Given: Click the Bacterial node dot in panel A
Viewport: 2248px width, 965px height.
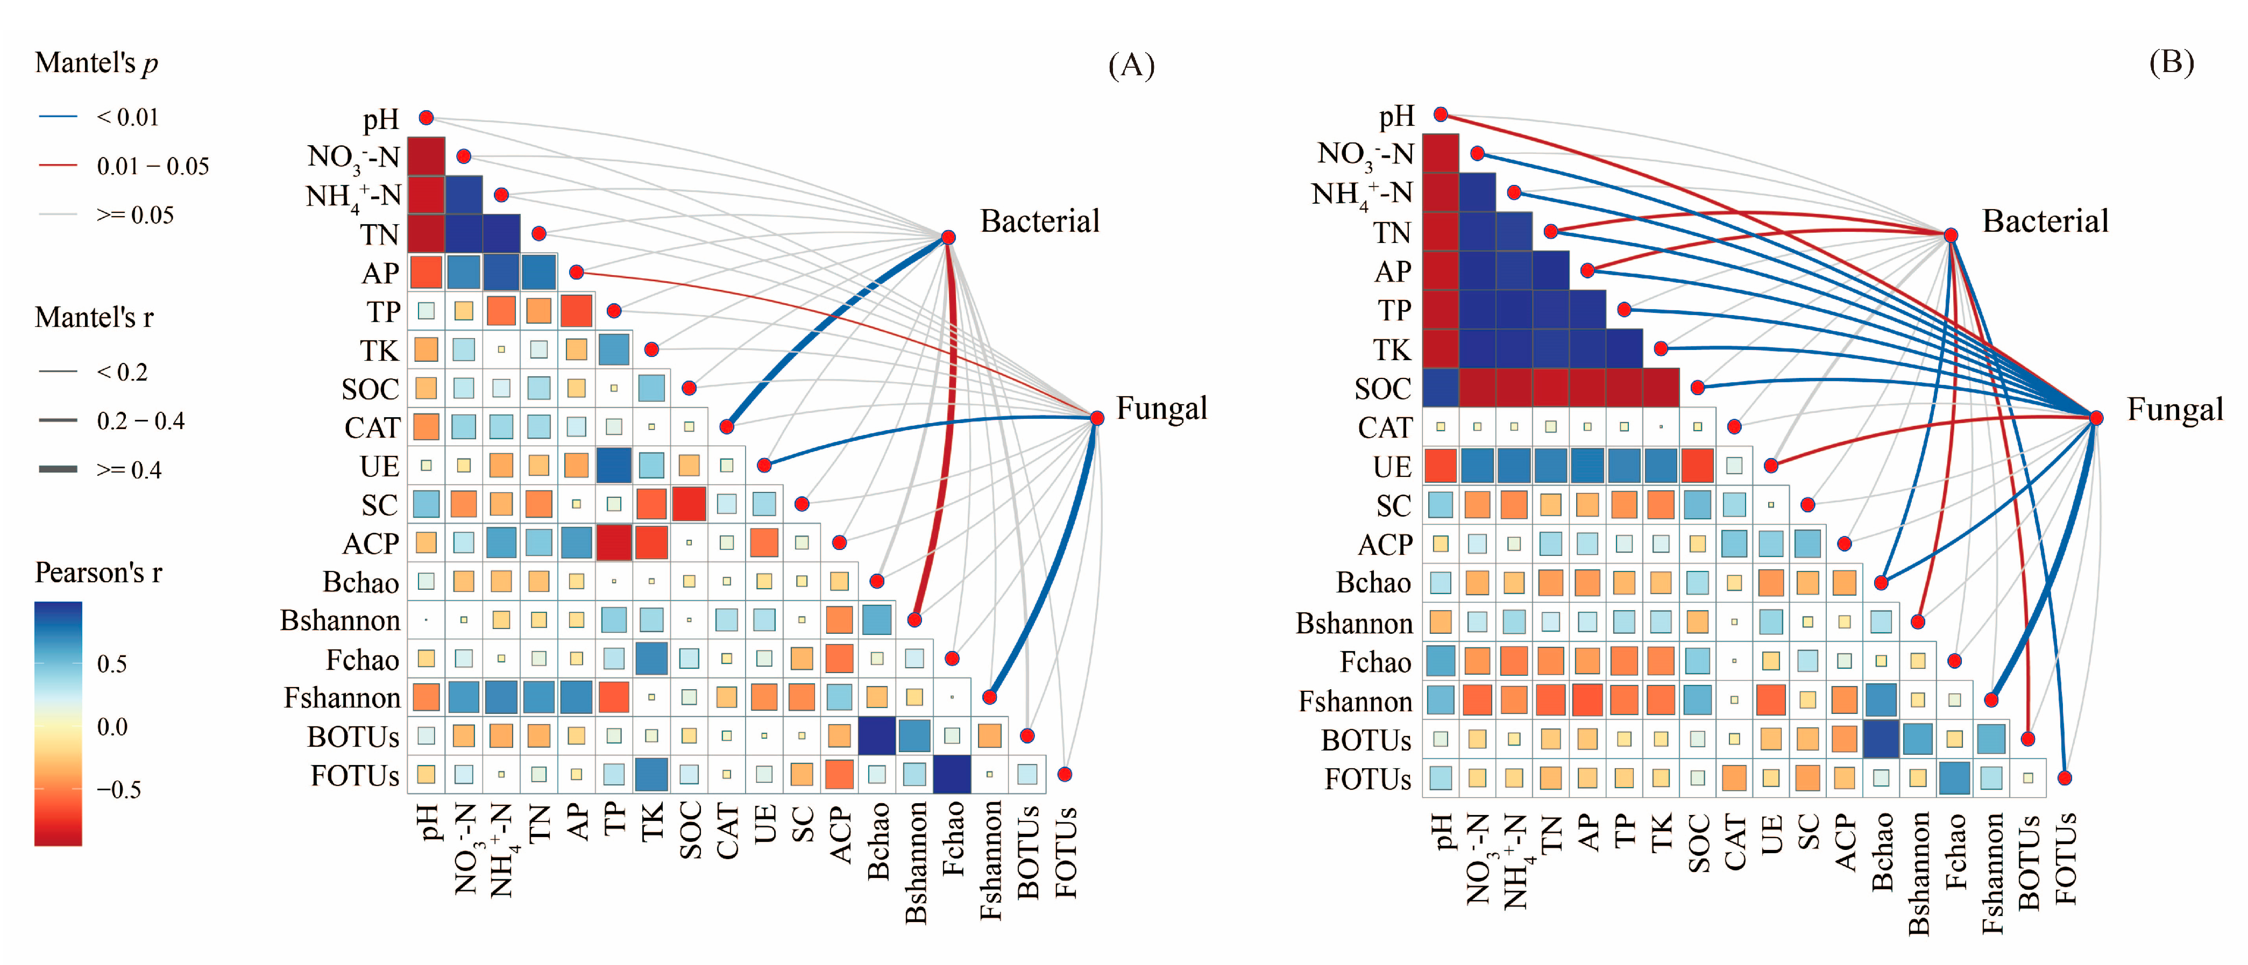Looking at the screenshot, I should [x=948, y=237].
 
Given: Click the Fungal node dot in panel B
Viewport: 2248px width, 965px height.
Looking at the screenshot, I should [x=2095, y=418].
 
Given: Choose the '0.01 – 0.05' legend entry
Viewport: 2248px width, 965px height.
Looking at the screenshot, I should [x=153, y=166].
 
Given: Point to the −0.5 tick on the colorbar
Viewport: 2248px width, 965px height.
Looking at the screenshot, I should [x=119, y=790].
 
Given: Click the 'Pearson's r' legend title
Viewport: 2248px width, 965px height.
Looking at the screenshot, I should [x=98, y=573].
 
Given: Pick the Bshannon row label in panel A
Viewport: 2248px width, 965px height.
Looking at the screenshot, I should [x=339, y=620].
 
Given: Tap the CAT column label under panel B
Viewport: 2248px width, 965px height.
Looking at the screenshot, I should [x=1734, y=842].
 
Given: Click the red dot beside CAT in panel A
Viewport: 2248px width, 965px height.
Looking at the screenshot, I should [x=726, y=427].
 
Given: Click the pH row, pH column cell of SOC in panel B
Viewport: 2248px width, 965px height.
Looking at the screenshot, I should [x=1441, y=388].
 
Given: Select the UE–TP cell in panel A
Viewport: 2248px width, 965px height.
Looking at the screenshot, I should [x=613, y=465].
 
